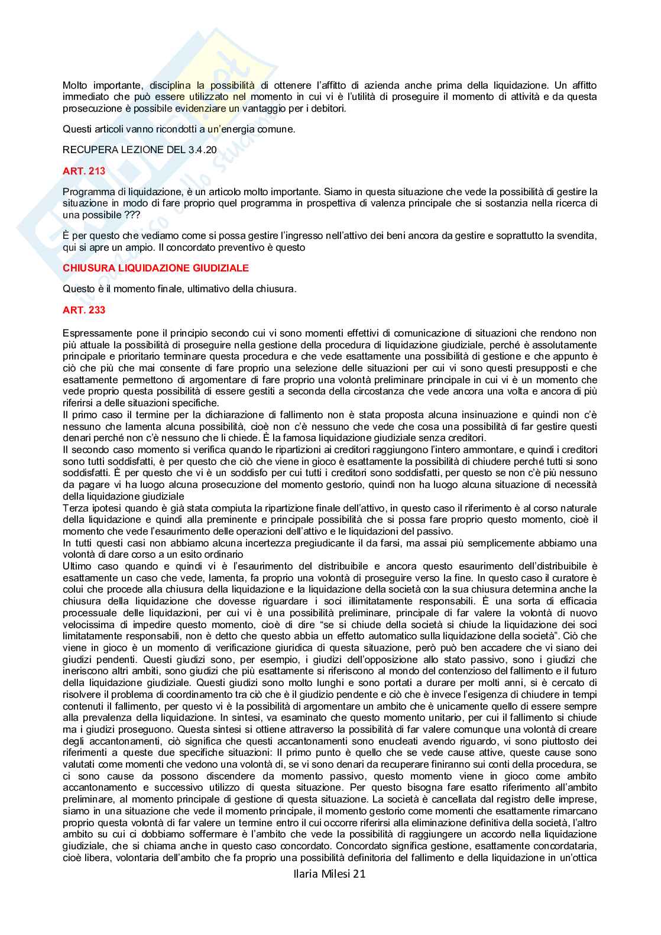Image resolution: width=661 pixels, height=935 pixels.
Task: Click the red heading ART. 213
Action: pyautogui.click(x=83, y=171)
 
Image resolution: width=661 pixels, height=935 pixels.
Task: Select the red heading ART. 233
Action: pyautogui.click(x=83, y=310)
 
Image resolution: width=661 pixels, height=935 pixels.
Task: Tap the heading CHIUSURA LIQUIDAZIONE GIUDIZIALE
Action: pyautogui.click(x=155, y=268)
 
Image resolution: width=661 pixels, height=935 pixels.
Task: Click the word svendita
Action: pyautogui.click(x=579, y=236)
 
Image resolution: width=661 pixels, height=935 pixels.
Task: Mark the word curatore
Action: pyautogui.click(x=575, y=578)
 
